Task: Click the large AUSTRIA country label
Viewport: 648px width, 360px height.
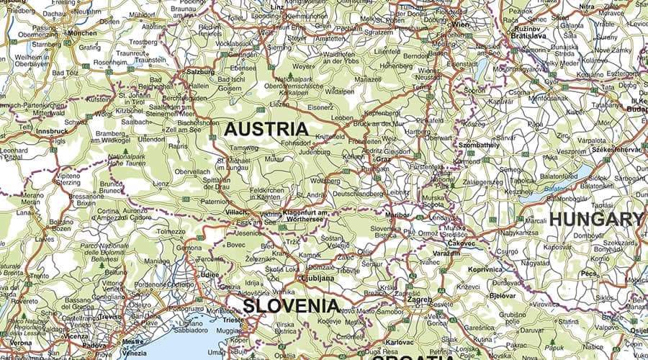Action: pyautogui.click(x=266, y=130)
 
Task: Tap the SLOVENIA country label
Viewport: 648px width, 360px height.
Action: pyautogui.click(x=290, y=305)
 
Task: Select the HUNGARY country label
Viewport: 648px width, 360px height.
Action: pyautogui.click(x=596, y=220)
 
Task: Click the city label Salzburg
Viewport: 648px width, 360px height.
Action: pyautogui.click(x=200, y=72)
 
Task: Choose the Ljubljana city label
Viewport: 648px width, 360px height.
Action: pyautogui.click(x=318, y=278)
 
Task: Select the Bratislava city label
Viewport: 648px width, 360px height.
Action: pyautogui.click(x=529, y=35)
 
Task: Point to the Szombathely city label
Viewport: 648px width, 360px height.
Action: pyautogui.click(x=479, y=145)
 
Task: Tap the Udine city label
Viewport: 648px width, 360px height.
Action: pyautogui.click(x=210, y=274)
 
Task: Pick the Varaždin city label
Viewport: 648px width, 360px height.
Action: pyautogui.click(x=446, y=253)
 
